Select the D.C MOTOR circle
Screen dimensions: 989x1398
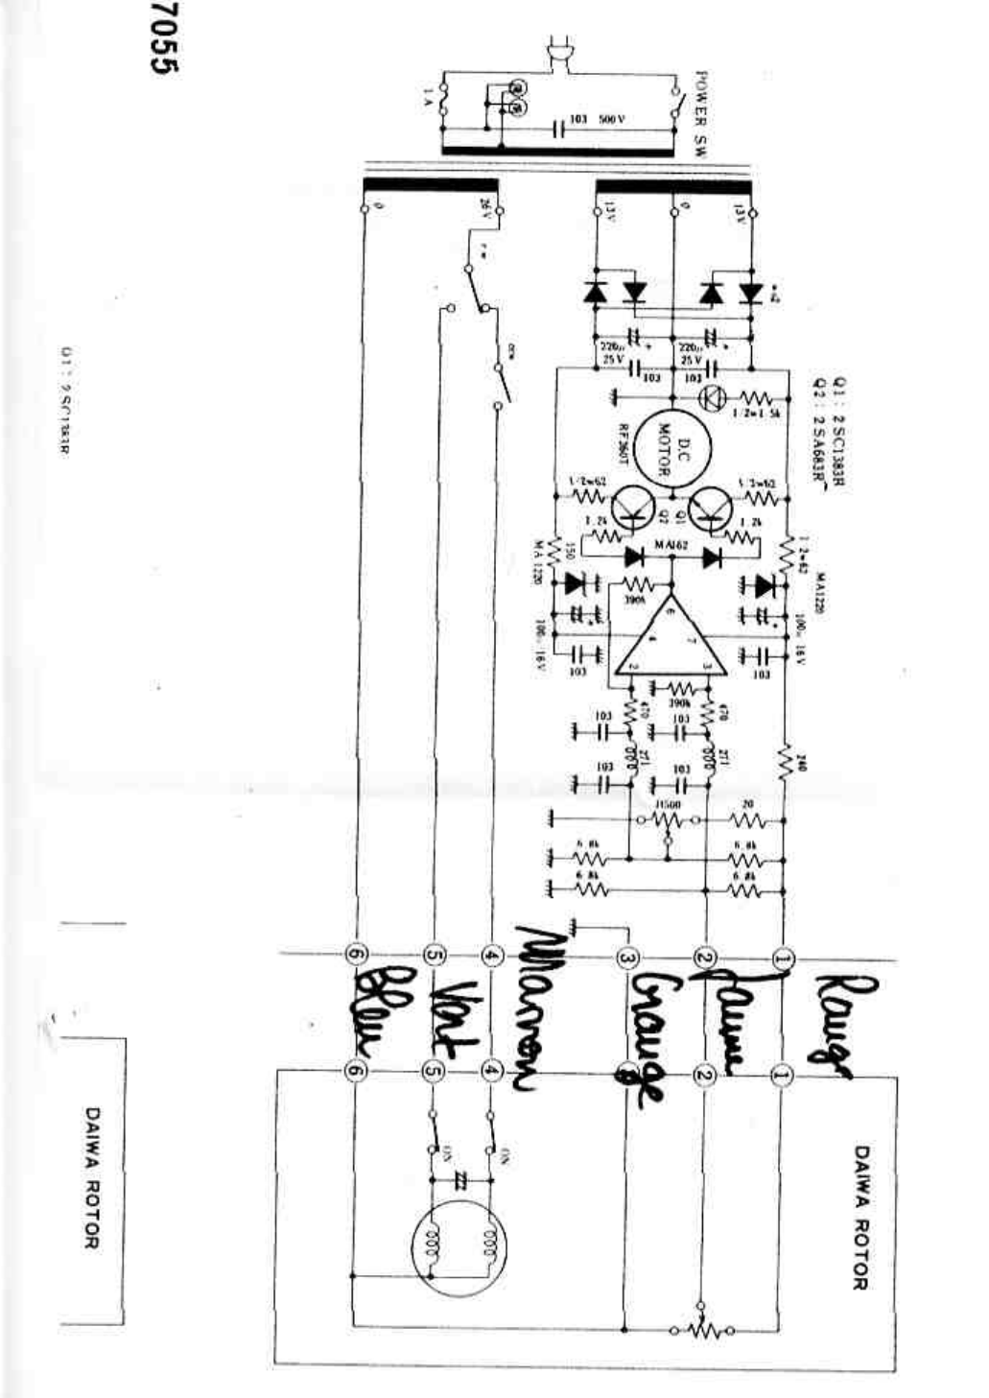(668, 447)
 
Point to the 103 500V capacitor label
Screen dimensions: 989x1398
(597, 119)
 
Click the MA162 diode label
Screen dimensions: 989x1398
(672, 544)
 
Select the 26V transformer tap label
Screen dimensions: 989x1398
(484, 208)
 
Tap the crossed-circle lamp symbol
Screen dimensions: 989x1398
(712, 397)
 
